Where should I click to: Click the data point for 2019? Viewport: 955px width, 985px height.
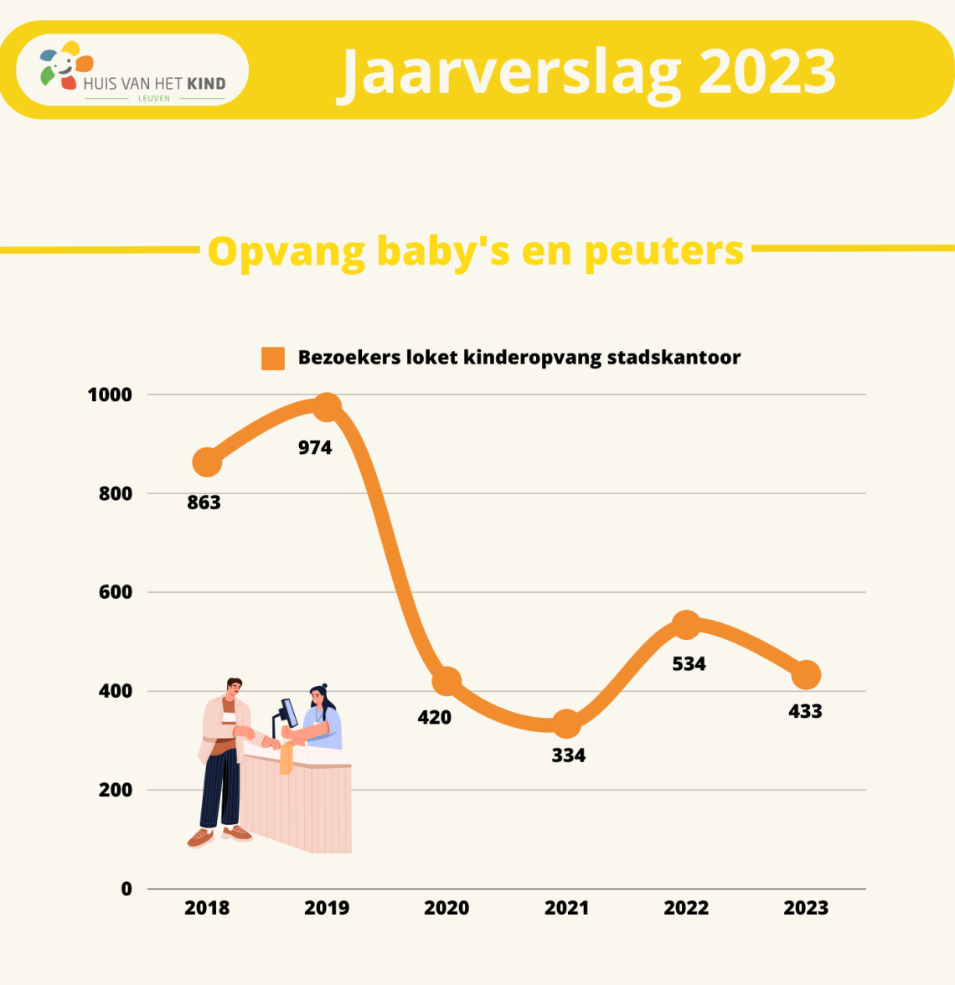(327, 408)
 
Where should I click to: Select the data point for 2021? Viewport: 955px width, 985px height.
(566, 725)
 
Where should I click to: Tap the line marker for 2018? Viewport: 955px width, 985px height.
(207, 462)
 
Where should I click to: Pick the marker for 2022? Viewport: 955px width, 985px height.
(686, 625)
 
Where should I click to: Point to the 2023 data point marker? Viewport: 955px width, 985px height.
(806, 675)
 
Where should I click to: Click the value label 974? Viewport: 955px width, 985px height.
(315, 448)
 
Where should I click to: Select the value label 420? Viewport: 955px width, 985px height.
(434, 717)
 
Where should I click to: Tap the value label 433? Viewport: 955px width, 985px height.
(806, 711)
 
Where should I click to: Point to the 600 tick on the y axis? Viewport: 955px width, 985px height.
(116, 591)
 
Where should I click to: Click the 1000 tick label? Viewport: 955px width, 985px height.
(110, 395)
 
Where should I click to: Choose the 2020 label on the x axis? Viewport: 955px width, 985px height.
(447, 908)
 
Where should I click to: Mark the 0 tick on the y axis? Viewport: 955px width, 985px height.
(126, 889)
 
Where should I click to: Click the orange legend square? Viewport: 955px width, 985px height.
(273, 358)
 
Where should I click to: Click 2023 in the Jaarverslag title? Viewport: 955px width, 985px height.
(767, 72)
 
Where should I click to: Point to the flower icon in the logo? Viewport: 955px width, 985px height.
(66, 64)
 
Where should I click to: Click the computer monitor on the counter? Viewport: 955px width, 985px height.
(289, 712)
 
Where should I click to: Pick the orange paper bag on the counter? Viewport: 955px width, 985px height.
(286, 758)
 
